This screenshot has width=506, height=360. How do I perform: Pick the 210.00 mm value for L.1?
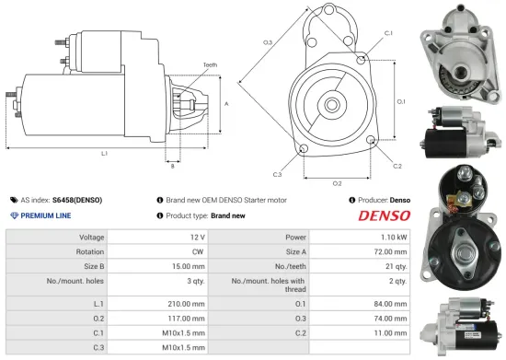click(184, 303)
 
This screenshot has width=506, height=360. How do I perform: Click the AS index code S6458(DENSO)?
click(77, 200)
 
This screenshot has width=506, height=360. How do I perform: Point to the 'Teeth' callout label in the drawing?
click(211, 64)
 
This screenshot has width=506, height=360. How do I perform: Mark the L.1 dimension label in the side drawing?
click(104, 153)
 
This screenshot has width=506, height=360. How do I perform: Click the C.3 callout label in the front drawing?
click(277, 174)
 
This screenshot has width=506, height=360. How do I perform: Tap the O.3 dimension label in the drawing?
click(267, 42)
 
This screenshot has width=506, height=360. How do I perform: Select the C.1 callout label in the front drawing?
click(388, 33)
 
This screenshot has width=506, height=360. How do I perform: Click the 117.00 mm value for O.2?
click(184, 319)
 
